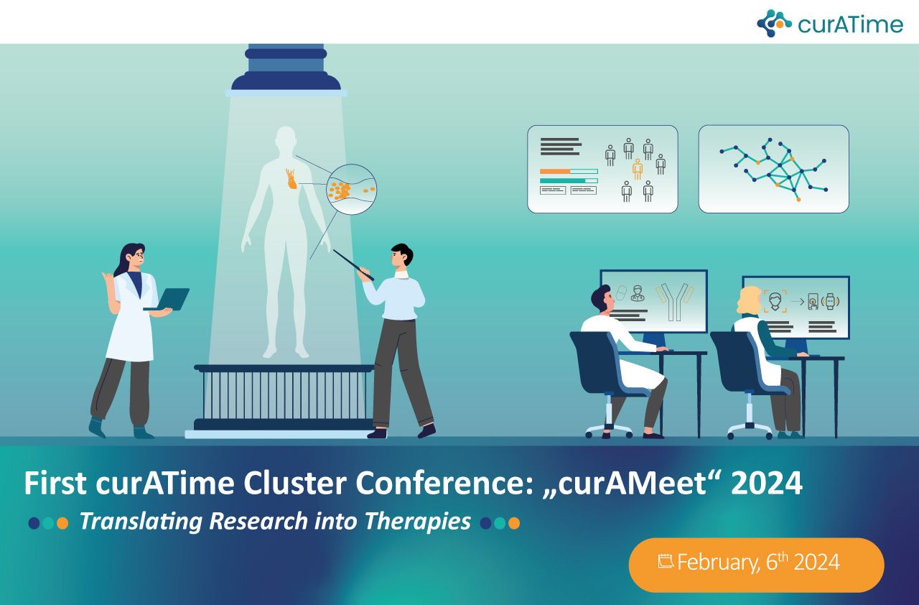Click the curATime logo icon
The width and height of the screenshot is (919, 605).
[x=774, y=24]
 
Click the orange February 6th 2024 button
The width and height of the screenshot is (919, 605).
[x=756, y=565]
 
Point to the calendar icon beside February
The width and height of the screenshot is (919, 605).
[x=666, y=560]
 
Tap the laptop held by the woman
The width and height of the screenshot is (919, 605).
[x=168, y=299]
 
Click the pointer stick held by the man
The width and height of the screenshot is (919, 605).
[x=353, y=265]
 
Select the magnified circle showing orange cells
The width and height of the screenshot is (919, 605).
[x=351, y=189]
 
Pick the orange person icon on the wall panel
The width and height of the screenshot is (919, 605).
[x=637, y=169]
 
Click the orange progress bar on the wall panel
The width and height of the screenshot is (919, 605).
[x=555, y=171]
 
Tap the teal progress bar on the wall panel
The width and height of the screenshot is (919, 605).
[x=562, y=180]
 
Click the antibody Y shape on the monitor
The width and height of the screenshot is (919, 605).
[x=674, y=302]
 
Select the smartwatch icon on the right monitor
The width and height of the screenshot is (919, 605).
[x=830, y=301]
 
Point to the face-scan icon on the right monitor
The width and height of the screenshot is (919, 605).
[x=775, y=301]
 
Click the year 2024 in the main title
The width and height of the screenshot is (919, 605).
[x=767, y=483]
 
